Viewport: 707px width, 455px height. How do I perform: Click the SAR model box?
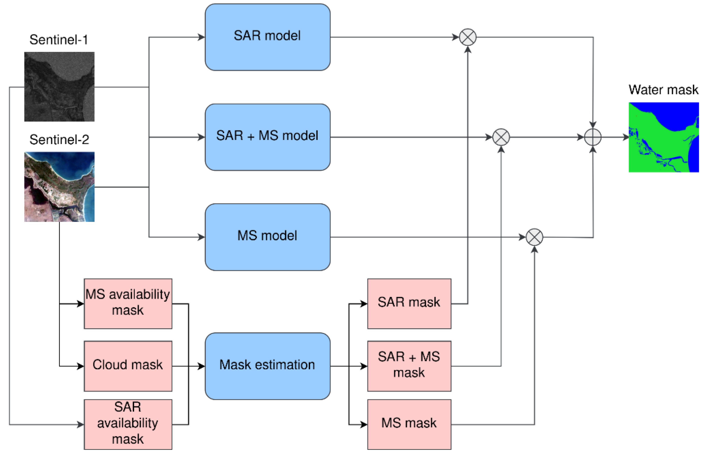267,37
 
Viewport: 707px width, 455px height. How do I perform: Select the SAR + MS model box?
267,137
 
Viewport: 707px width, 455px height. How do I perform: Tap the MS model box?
267,237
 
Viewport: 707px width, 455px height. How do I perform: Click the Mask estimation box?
267,366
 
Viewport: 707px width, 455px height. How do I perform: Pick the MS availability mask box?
128,303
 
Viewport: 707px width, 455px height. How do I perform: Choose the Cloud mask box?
128,366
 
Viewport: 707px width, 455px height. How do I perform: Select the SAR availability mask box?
128,424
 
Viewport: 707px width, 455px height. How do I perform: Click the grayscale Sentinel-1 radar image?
59,87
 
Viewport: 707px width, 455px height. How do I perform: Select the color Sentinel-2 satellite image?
59,186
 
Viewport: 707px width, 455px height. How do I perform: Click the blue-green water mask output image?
663,137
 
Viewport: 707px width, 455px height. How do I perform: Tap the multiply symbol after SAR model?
468,37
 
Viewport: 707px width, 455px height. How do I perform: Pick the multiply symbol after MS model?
534,237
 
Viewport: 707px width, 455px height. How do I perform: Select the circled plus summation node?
593,137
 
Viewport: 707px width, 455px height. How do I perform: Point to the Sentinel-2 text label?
59,140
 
